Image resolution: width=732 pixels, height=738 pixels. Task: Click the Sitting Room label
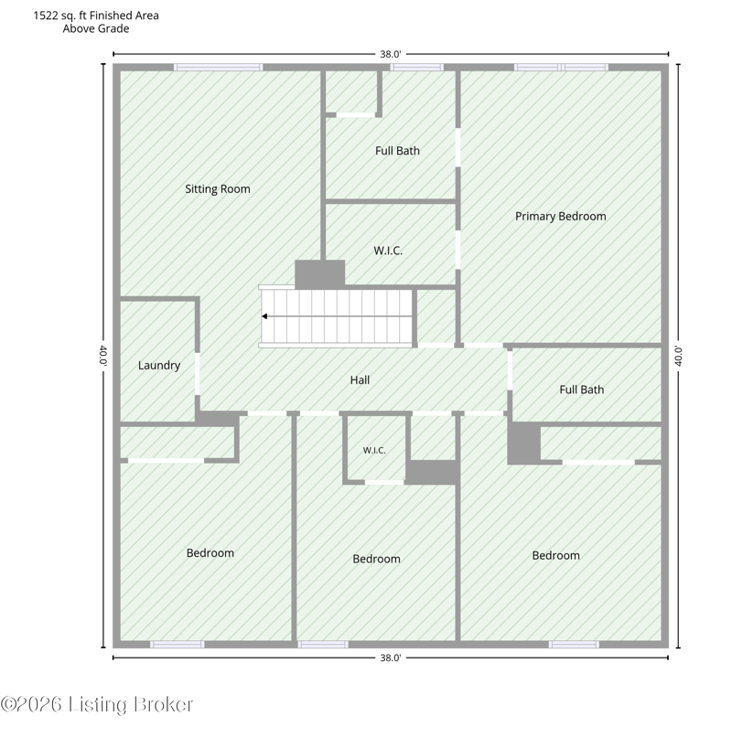[x=217, y=189]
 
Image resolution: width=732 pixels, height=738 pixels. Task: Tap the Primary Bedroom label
[x=561, y=217]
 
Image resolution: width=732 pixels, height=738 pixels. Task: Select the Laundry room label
[x=159, y=366]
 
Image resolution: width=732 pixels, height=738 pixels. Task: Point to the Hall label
[x=360, y=380]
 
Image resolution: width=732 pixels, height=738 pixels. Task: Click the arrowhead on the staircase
[x=264, y=316]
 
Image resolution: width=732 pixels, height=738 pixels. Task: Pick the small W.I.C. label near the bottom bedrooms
[x=374, y=451]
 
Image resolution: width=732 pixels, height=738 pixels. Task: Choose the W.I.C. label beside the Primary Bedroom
[x=388, y=251]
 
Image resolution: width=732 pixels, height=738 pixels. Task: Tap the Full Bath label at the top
[x=397, y=151]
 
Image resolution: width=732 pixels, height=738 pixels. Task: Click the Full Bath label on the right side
[x=582, y=390]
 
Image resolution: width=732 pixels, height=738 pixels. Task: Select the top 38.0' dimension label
[x=391, y=54]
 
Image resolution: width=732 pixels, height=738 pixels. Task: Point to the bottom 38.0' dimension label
[x=391, y=658]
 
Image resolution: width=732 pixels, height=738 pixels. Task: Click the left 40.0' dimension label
[x=103, y=356]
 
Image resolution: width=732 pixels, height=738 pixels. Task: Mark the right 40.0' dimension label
[x=678, y=356]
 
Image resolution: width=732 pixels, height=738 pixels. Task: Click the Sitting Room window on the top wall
[x=218, y=68]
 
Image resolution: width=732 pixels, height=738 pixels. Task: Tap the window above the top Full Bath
[x=417, y=68]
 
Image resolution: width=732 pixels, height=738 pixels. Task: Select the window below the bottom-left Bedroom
[x=178, y=645]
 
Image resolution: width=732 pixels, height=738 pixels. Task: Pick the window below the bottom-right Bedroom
[x=574, y=645]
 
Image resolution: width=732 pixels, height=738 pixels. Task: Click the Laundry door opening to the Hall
[x=198, y=374]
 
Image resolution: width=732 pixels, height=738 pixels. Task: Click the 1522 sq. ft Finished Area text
[x=96, y=16]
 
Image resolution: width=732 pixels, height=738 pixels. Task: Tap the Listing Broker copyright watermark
[x=97, y=705]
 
